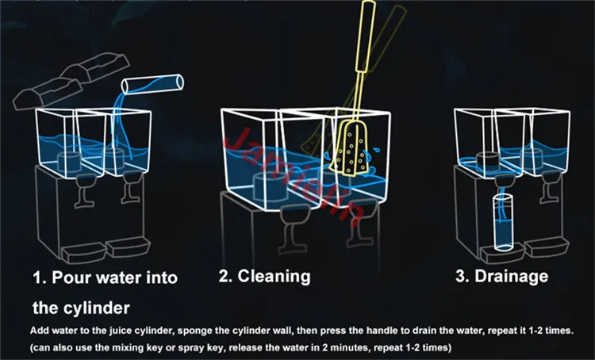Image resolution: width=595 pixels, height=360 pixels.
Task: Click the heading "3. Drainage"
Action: pos(501,277)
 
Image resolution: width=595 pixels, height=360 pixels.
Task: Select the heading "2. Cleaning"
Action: pos(264,277)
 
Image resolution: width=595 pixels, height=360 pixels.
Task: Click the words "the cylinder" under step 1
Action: pos(80,307)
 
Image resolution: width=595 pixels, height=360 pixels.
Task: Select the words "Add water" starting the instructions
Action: pos(51,329)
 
